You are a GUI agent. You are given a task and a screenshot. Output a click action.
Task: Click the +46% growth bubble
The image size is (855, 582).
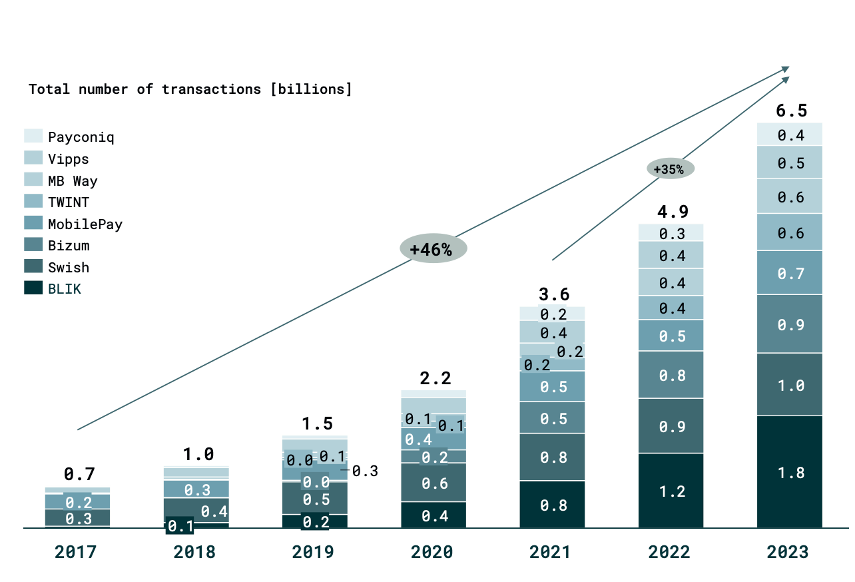(433, 250)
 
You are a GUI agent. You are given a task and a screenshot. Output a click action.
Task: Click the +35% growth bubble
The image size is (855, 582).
(670, 169)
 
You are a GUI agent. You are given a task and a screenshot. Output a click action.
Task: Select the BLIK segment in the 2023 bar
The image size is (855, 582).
(790, 472)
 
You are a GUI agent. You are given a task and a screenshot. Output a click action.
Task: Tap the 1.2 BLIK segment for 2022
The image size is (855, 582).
(671, 491)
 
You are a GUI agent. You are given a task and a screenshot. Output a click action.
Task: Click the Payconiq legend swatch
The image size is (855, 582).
(33, 137)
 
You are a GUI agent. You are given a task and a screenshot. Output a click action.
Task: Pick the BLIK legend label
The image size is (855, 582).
(64, 289)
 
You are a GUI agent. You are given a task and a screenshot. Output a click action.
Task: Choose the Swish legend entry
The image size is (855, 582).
(68, 267)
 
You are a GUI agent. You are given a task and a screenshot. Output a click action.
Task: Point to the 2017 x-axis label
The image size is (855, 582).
(75, 552)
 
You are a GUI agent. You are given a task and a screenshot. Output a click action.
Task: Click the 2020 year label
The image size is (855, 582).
(432, 552)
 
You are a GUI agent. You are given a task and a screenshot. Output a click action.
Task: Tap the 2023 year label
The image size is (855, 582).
(788, 552)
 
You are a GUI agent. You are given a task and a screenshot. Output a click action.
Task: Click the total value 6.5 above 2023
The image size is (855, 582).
(790, 111)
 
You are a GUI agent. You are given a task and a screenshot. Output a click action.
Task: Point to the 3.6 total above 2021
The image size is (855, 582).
(553, 294)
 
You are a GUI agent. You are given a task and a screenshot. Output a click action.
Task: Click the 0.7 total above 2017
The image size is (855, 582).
(79, 474)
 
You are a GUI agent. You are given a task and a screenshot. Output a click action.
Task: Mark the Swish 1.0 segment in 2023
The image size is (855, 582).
(790, 385)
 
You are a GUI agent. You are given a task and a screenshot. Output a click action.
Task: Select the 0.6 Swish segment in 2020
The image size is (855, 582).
(434, 483)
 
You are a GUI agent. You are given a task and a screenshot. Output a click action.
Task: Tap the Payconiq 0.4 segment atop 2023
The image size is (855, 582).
(790, 135)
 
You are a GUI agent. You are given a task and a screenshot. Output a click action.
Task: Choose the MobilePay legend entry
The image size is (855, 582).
(85, 224)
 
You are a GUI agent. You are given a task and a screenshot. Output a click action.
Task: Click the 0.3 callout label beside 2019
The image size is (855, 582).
(365, 471)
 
